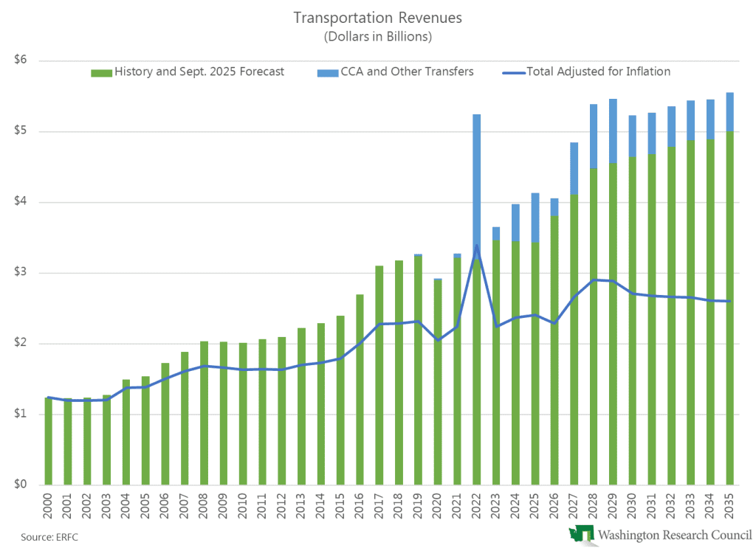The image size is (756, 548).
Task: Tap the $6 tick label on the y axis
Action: (20, 60)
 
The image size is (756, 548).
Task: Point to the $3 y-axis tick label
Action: (20, 273)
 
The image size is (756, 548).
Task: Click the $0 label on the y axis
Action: (20, 485)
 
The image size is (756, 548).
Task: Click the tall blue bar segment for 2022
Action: (477, 184)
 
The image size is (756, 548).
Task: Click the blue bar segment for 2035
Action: (730, 111)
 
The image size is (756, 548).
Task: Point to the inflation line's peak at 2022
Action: (477, 246)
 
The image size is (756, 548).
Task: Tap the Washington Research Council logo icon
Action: (581, 535)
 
